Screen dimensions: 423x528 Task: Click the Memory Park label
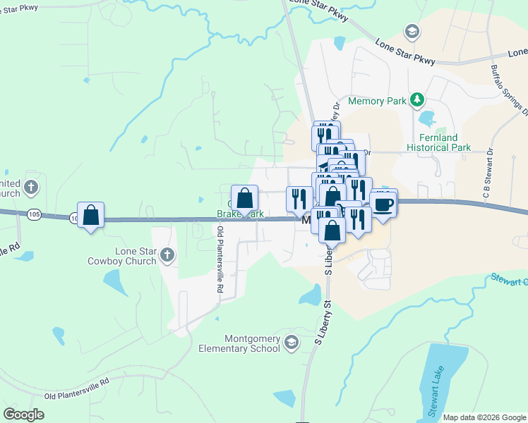[377, 101]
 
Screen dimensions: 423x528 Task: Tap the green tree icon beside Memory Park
[418, 100]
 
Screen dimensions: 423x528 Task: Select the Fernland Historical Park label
[438, 142]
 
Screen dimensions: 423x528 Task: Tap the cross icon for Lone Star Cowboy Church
[167, 255]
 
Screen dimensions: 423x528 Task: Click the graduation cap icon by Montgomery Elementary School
[292, 343]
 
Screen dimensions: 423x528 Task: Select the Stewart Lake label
[431, 384]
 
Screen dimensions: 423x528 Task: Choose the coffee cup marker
[383, 204]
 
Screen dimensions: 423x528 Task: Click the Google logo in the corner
[23, 415]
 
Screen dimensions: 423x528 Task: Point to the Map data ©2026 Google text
[484, 417]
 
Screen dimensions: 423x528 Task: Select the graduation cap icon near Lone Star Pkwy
[412, 32]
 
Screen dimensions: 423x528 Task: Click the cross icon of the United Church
[30, 188]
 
